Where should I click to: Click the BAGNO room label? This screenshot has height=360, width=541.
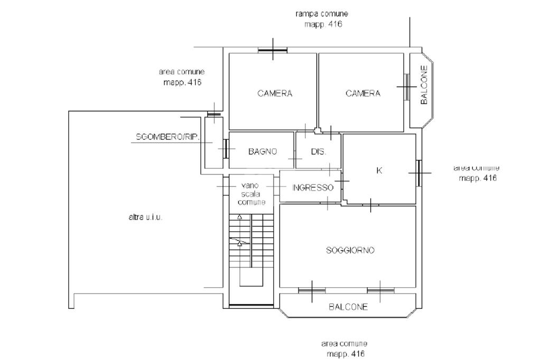click(x=263, y=151)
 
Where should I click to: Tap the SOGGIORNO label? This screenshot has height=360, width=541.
click(x=350, y=250)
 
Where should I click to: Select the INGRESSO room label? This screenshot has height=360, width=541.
click(x=313, y=187)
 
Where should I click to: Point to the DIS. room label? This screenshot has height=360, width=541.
click(x=319, y=151)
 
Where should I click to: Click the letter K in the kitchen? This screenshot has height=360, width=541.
click(x=379, y=170)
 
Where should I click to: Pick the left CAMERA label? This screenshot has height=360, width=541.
click(x=275, y=93)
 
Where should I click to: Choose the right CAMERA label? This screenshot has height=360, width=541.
click(x=363, y=93)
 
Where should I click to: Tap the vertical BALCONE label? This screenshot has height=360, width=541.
click(x=424, y=85)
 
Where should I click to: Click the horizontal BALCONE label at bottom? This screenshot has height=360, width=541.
click(x=348, y=307)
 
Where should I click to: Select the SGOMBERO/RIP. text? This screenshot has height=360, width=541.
click(x=167, y=137)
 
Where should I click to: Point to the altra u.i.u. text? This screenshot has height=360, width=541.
click(x=145, y=217)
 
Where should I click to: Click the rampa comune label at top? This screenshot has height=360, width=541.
click(x=322, y=14)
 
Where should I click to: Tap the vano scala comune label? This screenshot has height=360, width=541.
click(x=251, y=194)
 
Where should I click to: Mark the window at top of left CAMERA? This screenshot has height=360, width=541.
click(x=273, y=50)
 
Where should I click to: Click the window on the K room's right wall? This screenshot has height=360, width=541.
click(x=419, y=173)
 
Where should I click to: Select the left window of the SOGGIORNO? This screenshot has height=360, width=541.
click(x=312, y=291)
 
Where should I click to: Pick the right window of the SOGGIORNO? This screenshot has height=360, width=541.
click(x=380, y=291)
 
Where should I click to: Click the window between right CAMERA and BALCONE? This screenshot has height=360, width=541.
click(x=407, y=87)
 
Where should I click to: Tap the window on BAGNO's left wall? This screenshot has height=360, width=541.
click(x=226, y=149)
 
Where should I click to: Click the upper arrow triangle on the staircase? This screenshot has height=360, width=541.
click(x=239, y=217)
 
